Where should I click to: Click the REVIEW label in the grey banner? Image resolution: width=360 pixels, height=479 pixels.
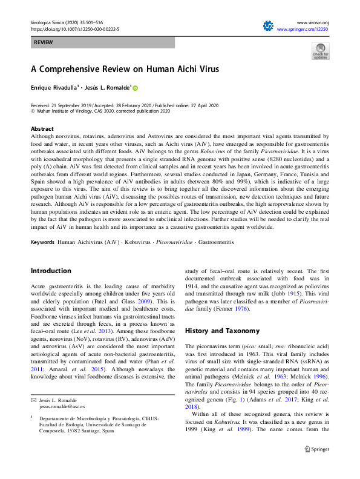42,43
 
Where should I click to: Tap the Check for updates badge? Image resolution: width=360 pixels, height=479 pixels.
320,51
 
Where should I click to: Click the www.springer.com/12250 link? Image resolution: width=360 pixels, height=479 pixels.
303,29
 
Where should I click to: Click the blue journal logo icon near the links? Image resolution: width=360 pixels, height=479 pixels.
268,26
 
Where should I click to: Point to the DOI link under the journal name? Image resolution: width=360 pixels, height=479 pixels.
74,29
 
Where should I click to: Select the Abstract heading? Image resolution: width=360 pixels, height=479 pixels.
42,130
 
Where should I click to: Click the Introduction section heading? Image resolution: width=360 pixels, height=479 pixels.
51,271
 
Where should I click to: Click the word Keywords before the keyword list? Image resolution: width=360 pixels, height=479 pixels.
42,242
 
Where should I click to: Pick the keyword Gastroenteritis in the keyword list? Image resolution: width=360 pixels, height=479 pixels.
216,242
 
